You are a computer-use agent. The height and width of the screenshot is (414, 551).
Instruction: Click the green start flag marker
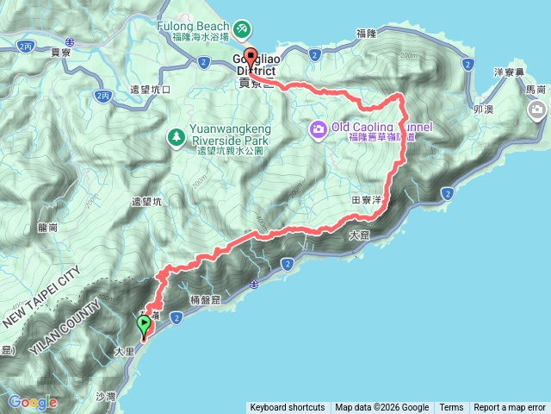pos(143,326)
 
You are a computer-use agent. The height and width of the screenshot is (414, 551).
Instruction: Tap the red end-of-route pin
pos(251,58)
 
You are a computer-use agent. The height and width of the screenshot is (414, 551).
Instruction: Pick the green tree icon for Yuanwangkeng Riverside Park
pos(176,136)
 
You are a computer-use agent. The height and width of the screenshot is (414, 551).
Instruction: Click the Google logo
pos(33,402)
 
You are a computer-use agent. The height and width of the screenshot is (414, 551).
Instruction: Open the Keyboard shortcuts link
pos(288,408)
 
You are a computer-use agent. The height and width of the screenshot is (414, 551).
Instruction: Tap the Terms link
pos(451,408)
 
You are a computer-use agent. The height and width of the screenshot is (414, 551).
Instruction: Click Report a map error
pos(510,408)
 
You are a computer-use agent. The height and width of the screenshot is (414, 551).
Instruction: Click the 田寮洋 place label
pos(367,199)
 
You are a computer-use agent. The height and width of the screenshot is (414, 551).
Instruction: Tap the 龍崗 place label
pos(48,228)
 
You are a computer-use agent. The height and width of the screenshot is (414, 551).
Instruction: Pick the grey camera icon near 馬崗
pos(538,110)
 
